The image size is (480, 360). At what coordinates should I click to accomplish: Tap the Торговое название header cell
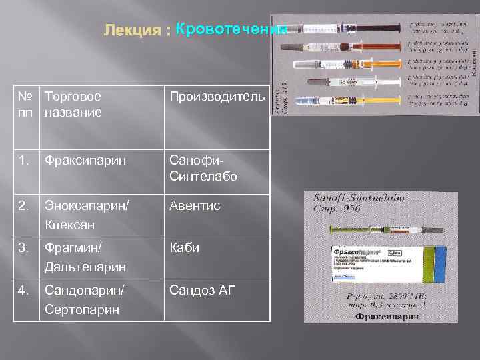coord(73,104)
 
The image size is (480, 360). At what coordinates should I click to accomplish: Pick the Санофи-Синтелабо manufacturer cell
coord(203,169)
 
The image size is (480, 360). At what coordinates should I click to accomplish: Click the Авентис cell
coord(194,207)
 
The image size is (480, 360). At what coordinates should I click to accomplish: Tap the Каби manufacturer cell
coord(184,248)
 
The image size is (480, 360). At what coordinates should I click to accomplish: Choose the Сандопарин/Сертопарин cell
coord(86,299)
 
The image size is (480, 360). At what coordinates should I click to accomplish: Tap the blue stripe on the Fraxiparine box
coord(437,263)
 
